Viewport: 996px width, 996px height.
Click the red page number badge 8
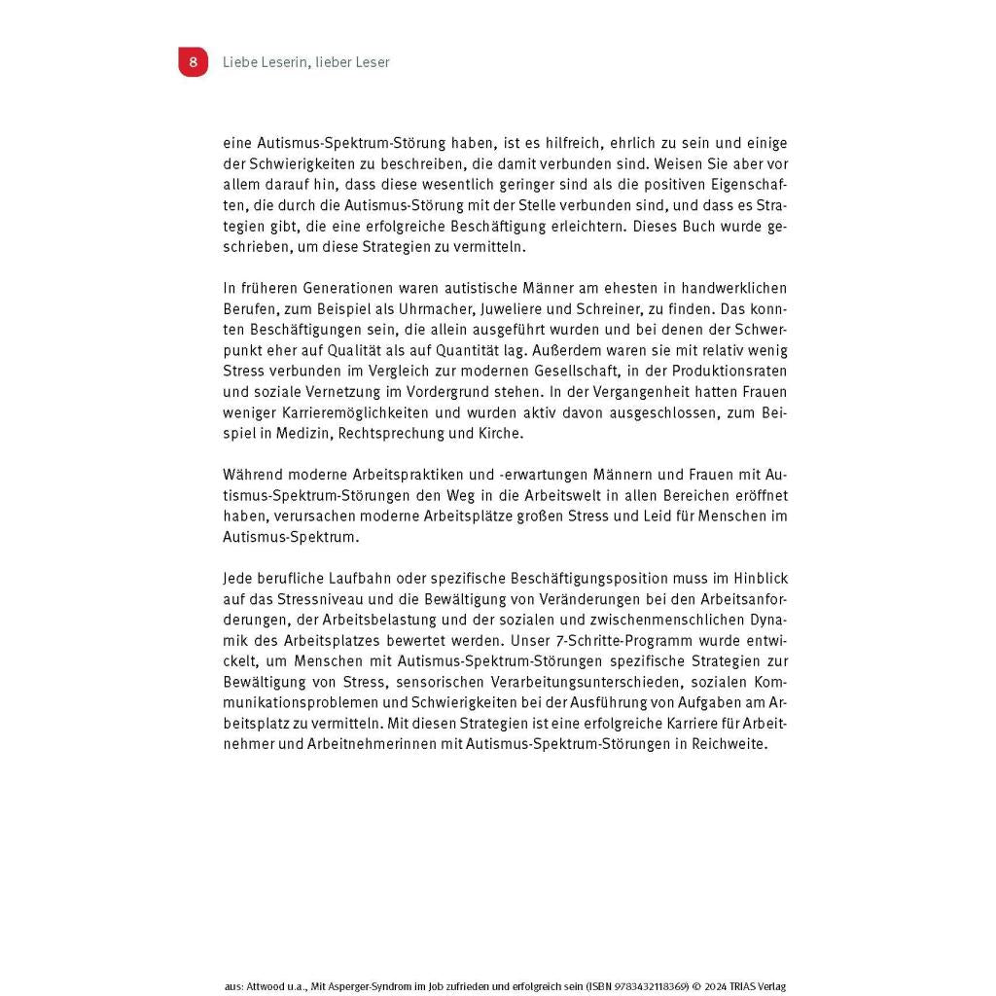(x=193, y=62)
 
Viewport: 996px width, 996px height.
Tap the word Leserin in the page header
(x=274, y=62)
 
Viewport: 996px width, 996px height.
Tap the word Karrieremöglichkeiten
(x=340, y=412)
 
